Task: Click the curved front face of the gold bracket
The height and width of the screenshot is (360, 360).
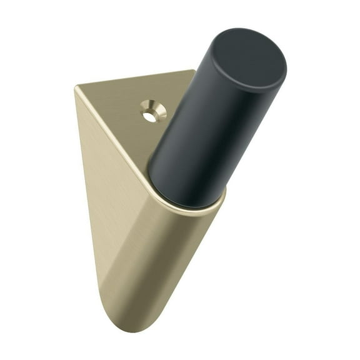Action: (x=162, y=262)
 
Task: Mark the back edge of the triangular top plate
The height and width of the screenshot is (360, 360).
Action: (x=134, y=79)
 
